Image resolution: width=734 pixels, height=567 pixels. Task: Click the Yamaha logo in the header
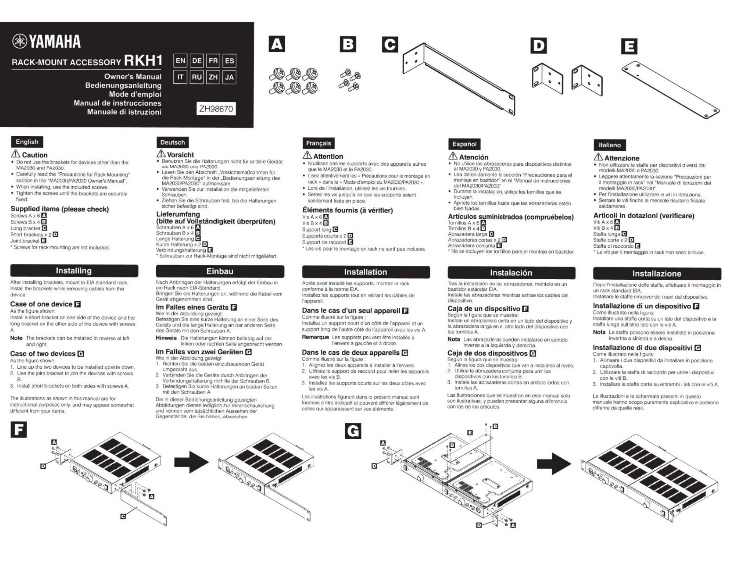[x=47, y=42]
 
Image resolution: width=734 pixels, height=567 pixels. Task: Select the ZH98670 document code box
[x=216, y=109]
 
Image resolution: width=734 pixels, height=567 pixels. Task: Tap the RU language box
[x=197, y=77]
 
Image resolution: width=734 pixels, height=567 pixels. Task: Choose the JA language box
[x=229, y=77]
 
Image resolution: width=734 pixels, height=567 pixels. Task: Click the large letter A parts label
[x=277, y=44]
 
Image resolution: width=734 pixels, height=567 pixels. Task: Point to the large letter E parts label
[x=629, y=46]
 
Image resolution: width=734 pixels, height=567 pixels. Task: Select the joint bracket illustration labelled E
[x=670, y=90]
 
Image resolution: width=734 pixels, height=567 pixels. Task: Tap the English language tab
[x=27, y=142]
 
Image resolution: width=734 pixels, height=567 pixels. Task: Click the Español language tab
[x=464, y=144]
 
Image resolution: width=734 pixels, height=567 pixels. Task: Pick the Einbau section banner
[x=220, y=271]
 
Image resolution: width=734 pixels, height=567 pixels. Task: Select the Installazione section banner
[x=657, y=273]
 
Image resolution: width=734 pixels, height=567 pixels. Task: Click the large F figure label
[x=19, y=430]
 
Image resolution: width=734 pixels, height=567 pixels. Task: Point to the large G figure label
[x=353, y=431]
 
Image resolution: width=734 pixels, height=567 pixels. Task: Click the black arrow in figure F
[x=191, y=462]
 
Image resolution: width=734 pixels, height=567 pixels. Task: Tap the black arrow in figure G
[x=554, y=463]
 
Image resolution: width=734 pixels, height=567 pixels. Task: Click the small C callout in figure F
[x=123, y=516]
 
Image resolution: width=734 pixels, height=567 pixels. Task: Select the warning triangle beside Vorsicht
[x=161, y=153]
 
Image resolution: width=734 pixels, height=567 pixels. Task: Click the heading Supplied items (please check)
[x=60, y=209]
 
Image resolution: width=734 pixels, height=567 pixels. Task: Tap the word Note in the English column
[x=16, y=338]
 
